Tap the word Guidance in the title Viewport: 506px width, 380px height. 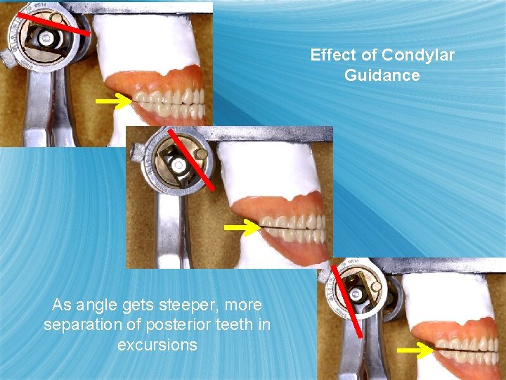382,75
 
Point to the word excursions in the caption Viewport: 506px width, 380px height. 157,345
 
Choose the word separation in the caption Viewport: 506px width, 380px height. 77,325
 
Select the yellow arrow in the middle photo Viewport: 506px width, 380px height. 241,228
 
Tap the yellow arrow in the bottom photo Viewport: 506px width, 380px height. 415,350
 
